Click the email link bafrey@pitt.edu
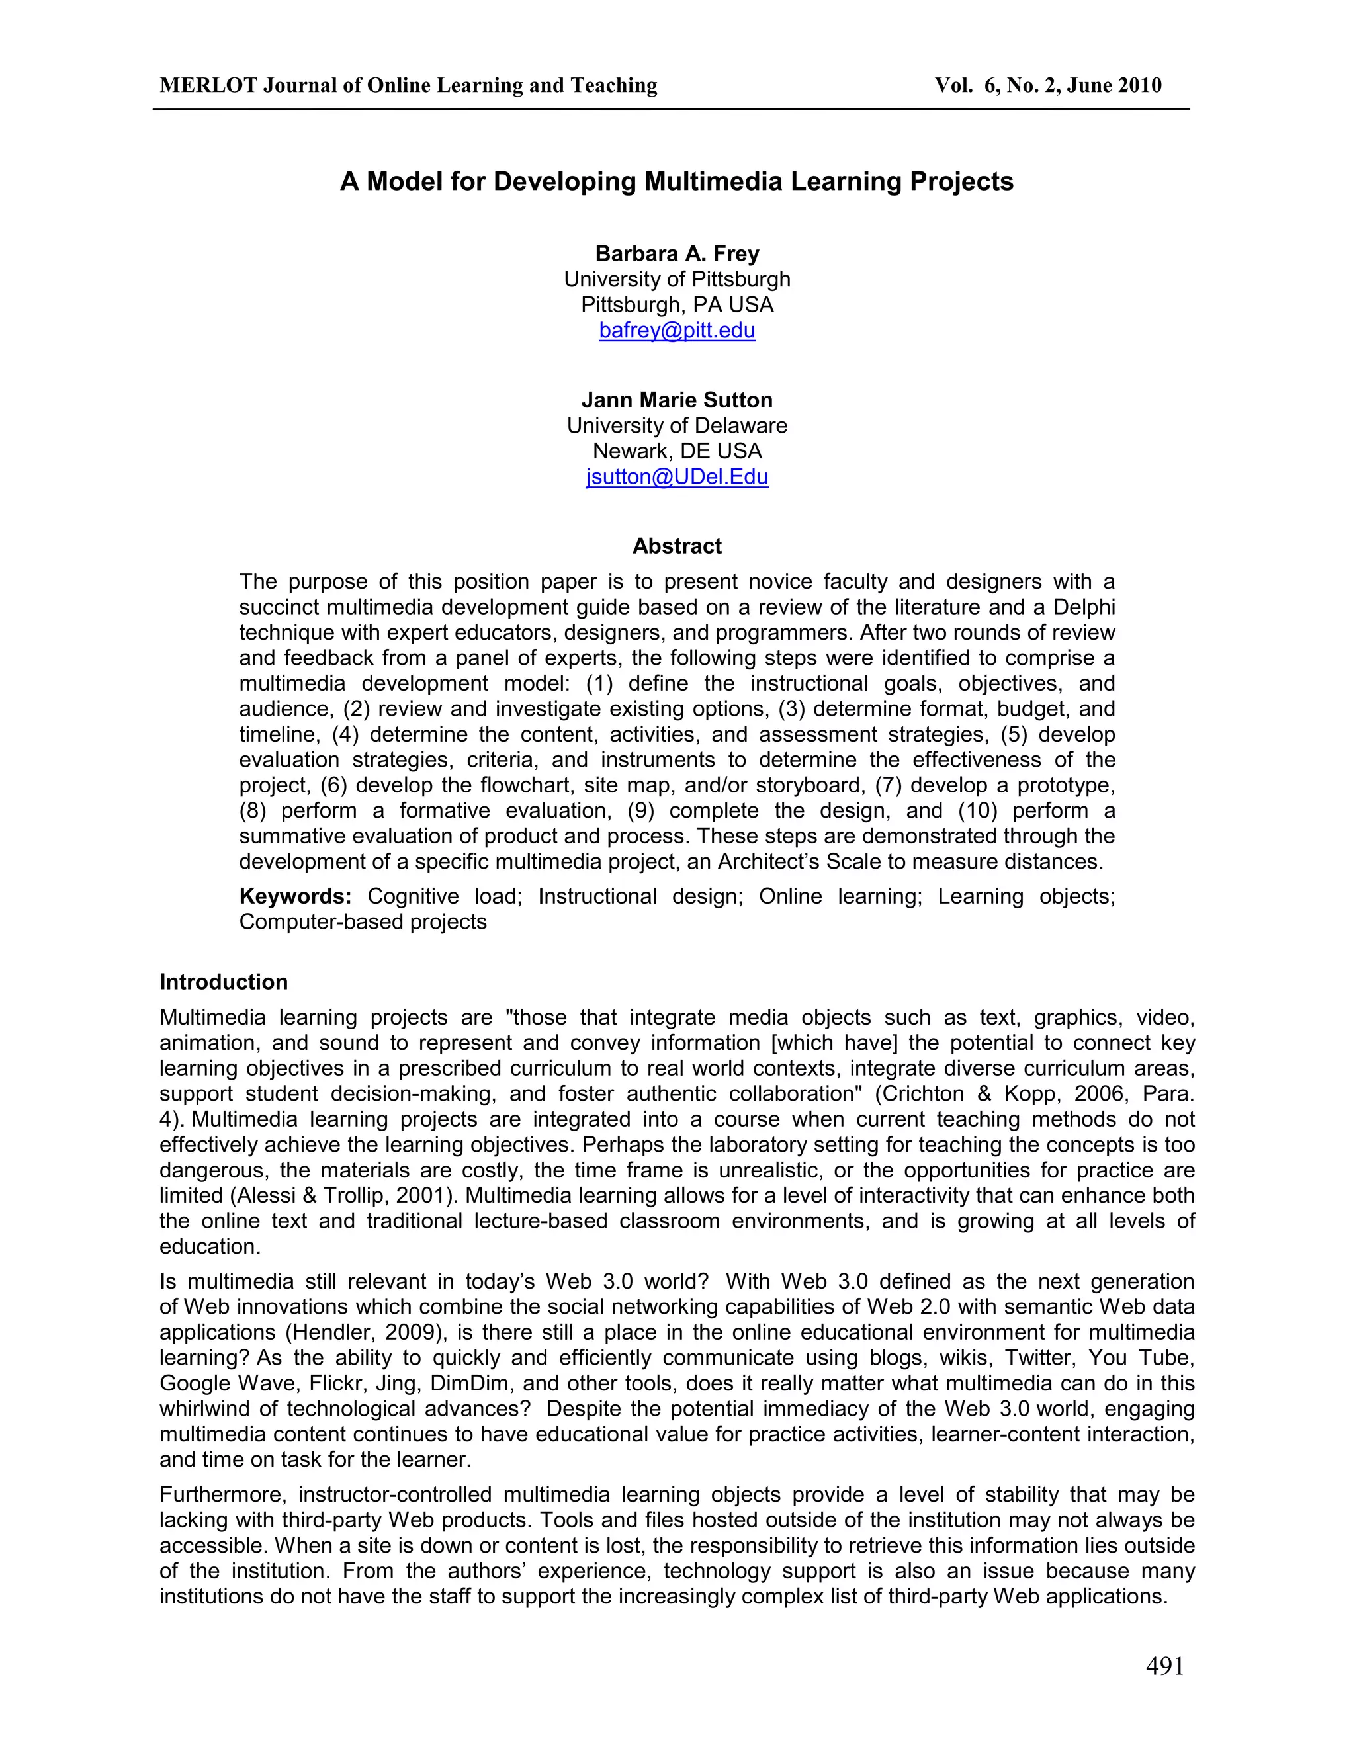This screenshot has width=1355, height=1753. pyautogui.click(x=677, y=331)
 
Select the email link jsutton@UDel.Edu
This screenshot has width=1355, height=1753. pyautogui.click(x=677, y=477)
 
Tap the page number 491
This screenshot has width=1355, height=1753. pyautogui.click(x=1164, y=1666)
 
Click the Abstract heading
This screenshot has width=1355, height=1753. pyautogui.click(x=677, y=546)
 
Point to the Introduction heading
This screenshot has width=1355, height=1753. pyautogui.click(x=223, y=982)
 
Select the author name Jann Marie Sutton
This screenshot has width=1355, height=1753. pyautogui.click(x=677, y=400)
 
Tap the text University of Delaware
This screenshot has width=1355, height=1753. pyautogui.click(x=677, y=425)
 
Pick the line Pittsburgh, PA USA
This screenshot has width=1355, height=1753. pyautogui.click(x=677, y=305)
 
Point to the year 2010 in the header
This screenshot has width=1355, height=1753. pyautogui.click(x=1137, y=86)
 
